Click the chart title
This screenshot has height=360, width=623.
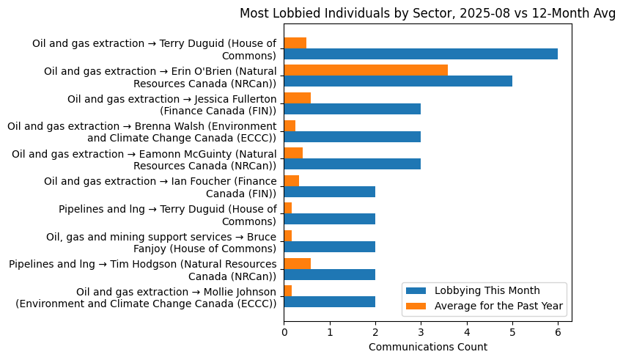(x=427, y=14)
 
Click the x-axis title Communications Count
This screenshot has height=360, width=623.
(x=427, y=347)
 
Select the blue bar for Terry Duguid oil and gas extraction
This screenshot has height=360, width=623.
(x=421, y=54)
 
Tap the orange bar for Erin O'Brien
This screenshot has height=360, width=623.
(x=366, y=70)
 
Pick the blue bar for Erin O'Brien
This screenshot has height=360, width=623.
(x=398, y=81)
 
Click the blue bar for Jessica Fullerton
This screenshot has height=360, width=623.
(x=352, y=109)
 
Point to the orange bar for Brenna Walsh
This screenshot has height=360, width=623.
(x=290, y=125)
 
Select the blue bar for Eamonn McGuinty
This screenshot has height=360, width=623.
(x=352, y=164)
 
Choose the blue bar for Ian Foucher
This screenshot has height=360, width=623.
(x=329, y=191)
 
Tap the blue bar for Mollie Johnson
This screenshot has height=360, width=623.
(x=329, y=301)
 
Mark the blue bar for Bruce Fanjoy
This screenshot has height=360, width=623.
(x=329, y=246)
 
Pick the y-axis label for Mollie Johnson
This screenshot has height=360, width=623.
(x=147, y=298)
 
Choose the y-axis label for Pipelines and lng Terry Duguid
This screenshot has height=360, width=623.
(x=168, y=215)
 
